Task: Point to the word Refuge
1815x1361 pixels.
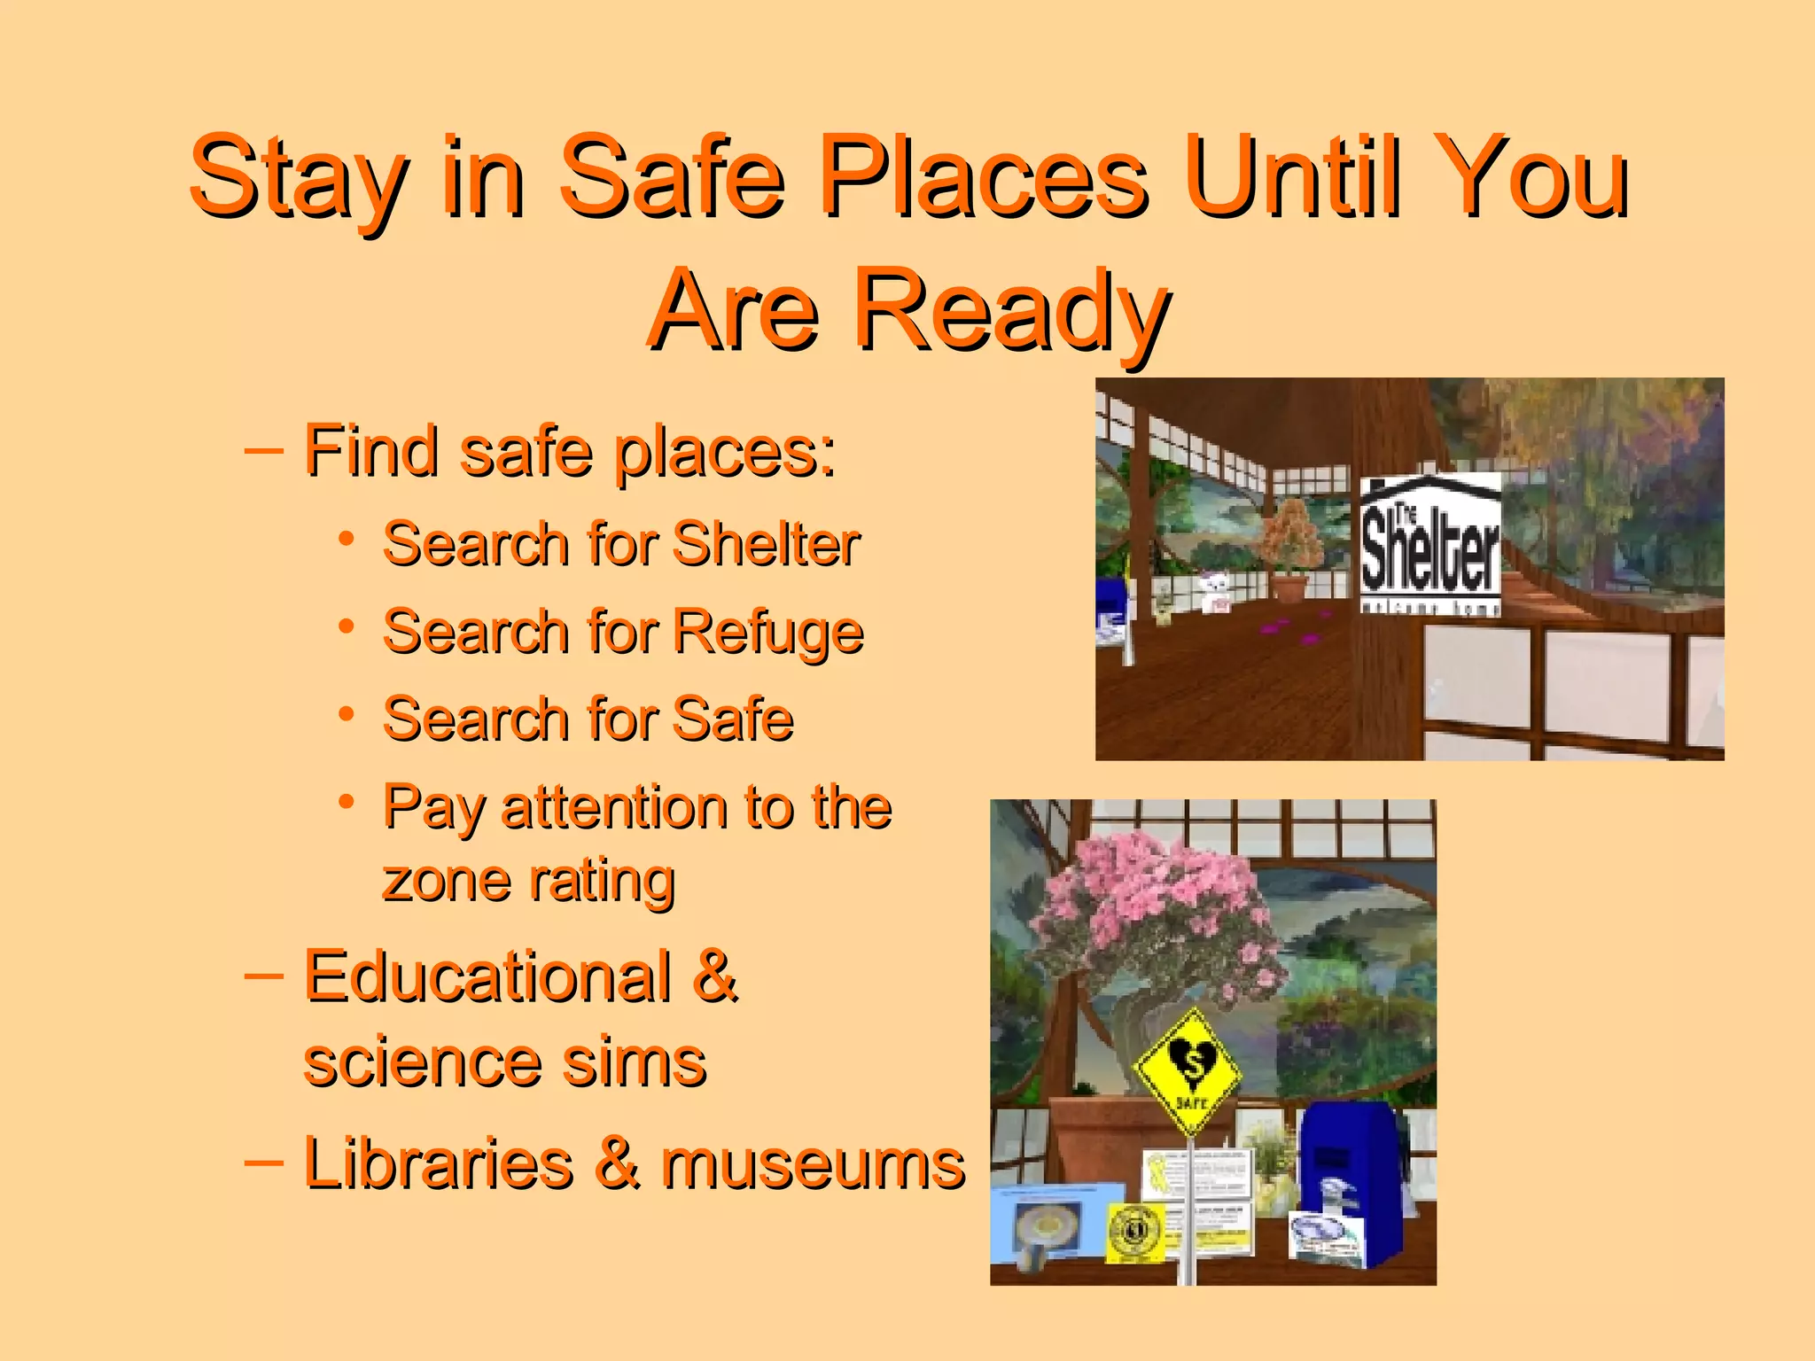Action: tap(767, 633)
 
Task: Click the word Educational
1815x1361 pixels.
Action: tap(487, 976)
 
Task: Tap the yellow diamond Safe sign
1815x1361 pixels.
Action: tap(1189, 1070)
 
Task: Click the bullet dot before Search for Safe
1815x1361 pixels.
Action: tap(347, 713)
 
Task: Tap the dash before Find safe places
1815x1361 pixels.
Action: tap(262, 450)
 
